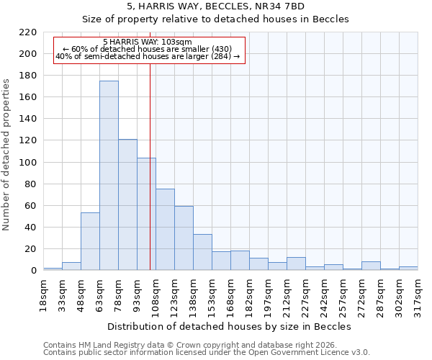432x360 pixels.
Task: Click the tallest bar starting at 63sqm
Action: pos(109,176)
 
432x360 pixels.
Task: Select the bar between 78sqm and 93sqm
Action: pos(127,204)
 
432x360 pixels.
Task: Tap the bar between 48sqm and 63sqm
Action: pos(90,241)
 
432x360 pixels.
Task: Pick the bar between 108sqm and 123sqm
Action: pos(165,230)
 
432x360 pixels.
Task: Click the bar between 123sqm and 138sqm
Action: pos(184,238)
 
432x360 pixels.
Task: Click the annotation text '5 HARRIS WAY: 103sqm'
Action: pos(148,42)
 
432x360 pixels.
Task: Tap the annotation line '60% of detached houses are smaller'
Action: pos(148,49)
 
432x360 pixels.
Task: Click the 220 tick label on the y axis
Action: pos(27,32)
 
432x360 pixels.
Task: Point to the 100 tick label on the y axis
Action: pos(27,163)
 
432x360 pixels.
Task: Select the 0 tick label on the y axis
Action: pos(33,271)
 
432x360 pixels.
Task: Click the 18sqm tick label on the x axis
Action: pos(43,292)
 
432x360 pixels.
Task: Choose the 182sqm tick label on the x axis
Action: pos(249,292)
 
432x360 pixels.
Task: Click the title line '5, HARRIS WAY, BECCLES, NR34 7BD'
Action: pos(215,6)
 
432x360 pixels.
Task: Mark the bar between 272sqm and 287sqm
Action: pos(371,266)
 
